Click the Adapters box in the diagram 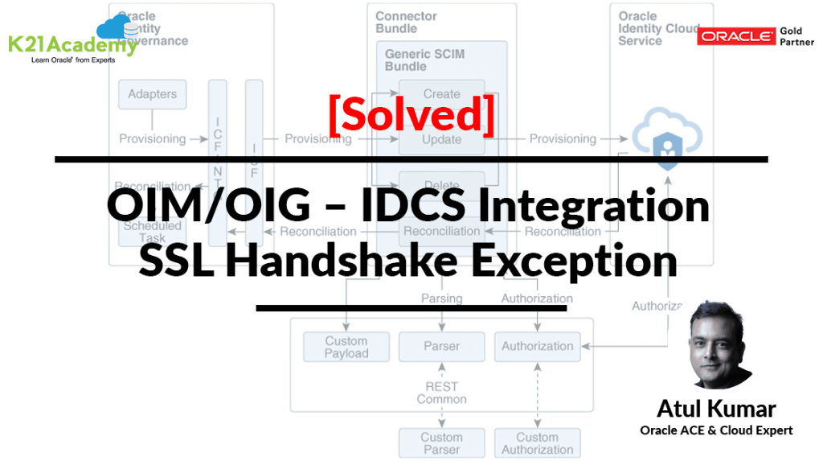click(x=152, y=94)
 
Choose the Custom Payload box click(x=346, y=347)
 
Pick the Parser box click(x=441, y=347)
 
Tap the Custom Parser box click(x=441, y=443)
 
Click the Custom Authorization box click(x=537, y=443)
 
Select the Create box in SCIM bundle click(x=441, y=94)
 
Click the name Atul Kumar click(x=716, y=408)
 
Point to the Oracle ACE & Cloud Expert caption click(x=716, y=430)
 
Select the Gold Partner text click(x=791, y=37)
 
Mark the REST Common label click(x=441, y=393)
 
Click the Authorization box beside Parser click(x=537, y=347)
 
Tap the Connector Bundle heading click(x=407, y=22)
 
